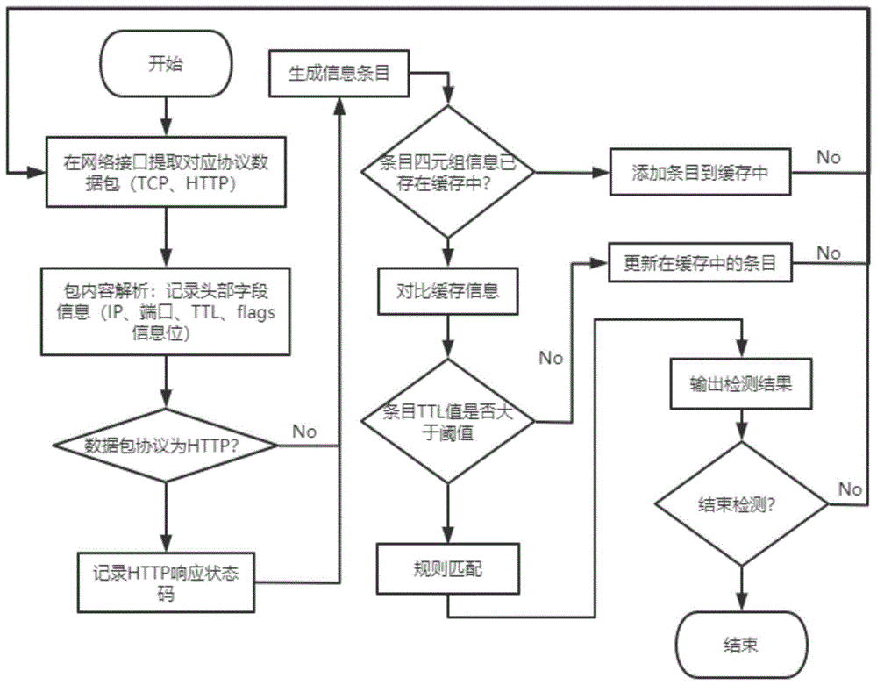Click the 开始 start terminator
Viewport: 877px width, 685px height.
tap(166, 65)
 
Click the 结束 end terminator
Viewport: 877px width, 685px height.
tap(741, 645)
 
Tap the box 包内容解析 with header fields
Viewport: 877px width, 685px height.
tap(166, 312)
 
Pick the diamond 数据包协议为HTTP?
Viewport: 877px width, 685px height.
tap(166, 445)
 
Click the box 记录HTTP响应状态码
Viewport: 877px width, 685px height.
tap(166, 582)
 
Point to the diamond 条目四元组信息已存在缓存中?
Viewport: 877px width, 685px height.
tap(448, 172)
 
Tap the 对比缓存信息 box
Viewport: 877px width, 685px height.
tap(448, 290)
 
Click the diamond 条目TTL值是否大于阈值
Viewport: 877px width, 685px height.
tap(448, 421)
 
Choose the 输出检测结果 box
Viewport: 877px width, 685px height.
tap(742, 383)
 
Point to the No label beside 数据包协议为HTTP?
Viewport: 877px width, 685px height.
tap(304, 431)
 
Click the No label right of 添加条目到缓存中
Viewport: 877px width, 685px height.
tap(828, 157)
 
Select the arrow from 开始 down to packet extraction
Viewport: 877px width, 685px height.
tap(166, 113)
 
